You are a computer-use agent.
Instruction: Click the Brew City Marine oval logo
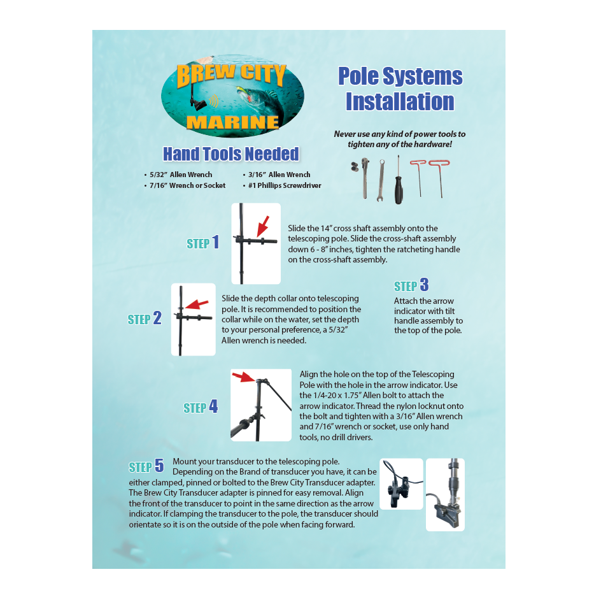coord(232,95)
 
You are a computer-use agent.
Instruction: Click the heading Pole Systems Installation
coord(400,89)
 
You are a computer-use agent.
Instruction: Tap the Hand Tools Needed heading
coord(230,154)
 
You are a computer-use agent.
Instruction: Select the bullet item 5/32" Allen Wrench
coord(181,175)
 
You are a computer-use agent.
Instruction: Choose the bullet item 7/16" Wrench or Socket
coord(188,185)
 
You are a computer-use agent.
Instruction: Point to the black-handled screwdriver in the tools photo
coord(399,182)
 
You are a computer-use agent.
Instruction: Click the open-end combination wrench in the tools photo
coord(381,181)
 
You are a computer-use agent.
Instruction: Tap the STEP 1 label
coord(202,243)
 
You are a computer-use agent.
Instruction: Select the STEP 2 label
coord(145,319)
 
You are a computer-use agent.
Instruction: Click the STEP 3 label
coord(411,285)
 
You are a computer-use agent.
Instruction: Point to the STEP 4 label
coord(201,407)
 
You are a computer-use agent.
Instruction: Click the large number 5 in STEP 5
coord(159,466)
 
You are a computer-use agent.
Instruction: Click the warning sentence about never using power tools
coord(400,139)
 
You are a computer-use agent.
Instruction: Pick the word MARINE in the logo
coord(232,121)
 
